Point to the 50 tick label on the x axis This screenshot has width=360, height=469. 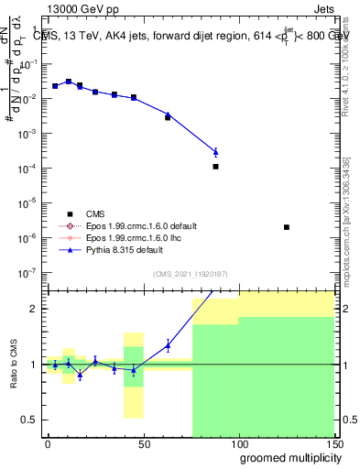(x=143, y=443)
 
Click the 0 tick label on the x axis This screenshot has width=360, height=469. (x=48, y=443)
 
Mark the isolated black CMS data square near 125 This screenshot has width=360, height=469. (x=287, y=227)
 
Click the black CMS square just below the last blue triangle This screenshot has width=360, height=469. (x=215, y=167)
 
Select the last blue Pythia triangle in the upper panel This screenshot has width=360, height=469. (x=215, y=152)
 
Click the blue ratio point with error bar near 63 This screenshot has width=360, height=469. (x=168, y=345)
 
